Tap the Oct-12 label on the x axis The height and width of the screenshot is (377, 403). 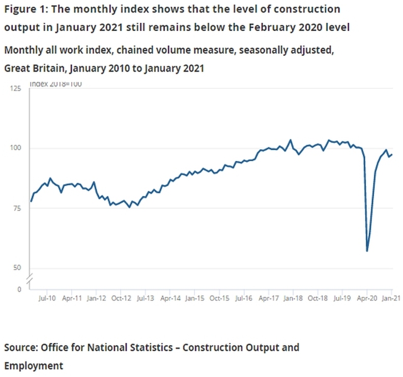tap(122, 299)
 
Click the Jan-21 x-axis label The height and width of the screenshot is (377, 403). tap(391, 299)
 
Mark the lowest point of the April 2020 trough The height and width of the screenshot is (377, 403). tap(367, 251)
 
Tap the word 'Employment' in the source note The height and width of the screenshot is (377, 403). tap(34, 365)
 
